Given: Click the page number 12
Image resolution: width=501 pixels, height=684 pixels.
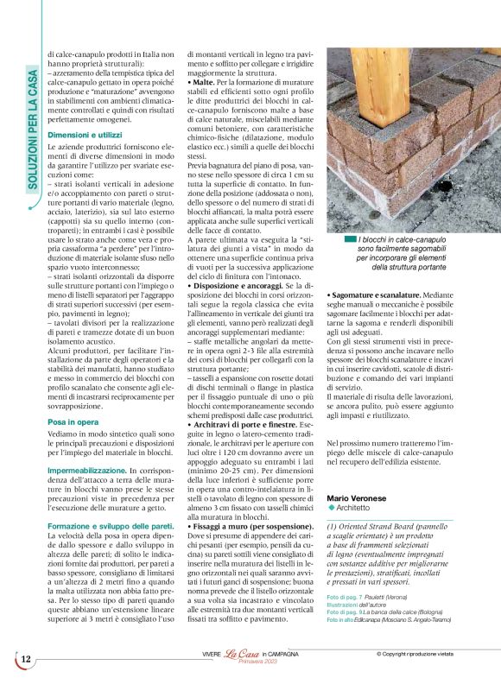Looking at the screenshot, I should (26, 659).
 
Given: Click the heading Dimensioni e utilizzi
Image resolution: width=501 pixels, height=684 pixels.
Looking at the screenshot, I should (85, 136).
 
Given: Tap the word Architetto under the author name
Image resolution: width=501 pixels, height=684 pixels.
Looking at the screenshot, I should (365, 509).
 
